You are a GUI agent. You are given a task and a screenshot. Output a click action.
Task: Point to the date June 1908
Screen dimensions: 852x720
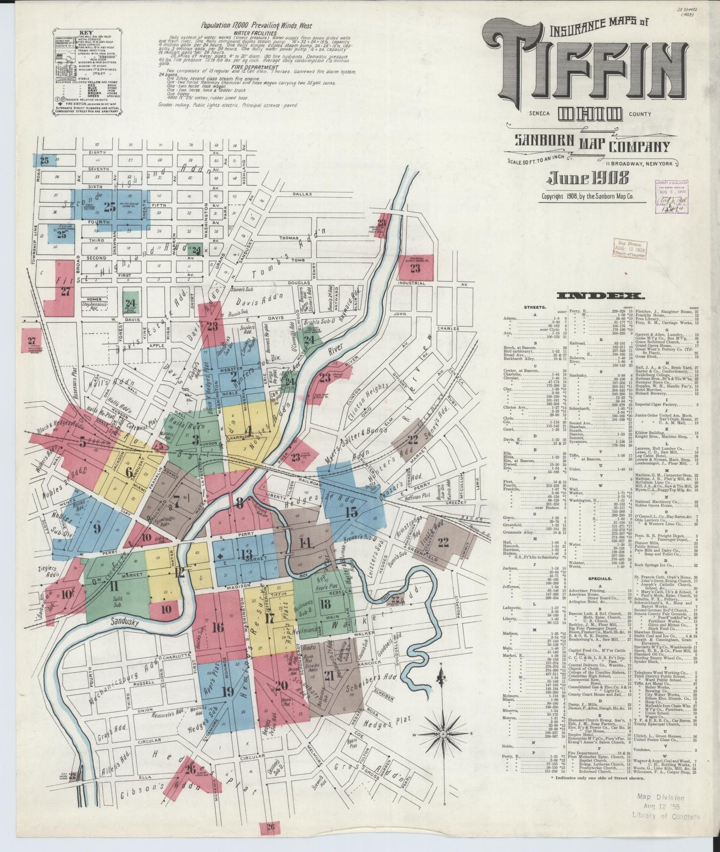tap(588, 178)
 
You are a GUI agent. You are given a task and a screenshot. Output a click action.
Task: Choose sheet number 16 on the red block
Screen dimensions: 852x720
tap(217, 627)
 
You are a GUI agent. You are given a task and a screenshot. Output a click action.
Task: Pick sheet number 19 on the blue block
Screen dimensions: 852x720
tap(227, 692)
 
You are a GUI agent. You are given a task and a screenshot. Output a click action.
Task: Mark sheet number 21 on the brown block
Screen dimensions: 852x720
tap(328, 676)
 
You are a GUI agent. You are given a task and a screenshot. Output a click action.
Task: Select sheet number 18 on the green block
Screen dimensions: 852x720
tap(326, 605)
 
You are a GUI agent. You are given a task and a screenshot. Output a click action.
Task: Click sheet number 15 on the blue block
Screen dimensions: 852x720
tap(351, 512)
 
